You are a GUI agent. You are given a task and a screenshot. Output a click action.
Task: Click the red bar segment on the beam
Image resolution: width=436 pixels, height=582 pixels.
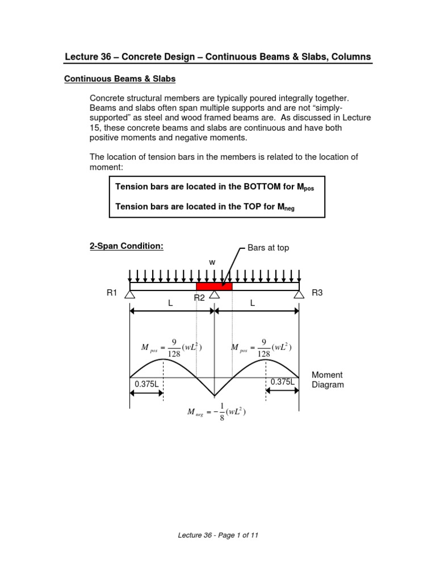(214, 286)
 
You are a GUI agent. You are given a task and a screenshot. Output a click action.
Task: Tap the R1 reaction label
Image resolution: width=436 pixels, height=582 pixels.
(112, 293)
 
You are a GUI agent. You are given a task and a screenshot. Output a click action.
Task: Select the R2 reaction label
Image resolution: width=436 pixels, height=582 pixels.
(199, 298)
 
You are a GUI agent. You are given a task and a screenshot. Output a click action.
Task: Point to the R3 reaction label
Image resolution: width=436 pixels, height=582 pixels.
(317, 293)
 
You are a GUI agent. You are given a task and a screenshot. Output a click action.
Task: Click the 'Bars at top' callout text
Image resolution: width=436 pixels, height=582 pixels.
(269, 248)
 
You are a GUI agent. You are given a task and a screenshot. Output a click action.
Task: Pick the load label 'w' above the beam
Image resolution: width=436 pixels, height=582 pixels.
(212, 263)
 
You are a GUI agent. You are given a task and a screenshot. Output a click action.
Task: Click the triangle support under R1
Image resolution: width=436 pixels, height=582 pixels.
(130, 294)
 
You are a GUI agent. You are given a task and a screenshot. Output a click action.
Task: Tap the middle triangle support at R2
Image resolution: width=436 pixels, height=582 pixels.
(215, 294)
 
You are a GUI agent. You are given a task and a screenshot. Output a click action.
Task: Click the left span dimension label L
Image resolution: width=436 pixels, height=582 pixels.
(170, 304)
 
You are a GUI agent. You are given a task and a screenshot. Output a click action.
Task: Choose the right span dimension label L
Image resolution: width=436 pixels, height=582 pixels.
(253, 304)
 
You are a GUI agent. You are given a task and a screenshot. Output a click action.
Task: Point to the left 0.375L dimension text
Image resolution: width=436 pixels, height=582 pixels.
(146, 384)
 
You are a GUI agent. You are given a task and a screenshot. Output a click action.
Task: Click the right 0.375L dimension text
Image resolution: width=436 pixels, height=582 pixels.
(282, 382)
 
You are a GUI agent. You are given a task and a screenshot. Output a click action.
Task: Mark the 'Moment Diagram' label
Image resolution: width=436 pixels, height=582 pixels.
(328, 380)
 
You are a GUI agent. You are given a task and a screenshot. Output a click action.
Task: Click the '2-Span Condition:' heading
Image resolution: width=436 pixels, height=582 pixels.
(127, 246)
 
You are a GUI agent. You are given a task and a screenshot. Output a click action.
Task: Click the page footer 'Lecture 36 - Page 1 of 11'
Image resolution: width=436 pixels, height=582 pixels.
(219, 535)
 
